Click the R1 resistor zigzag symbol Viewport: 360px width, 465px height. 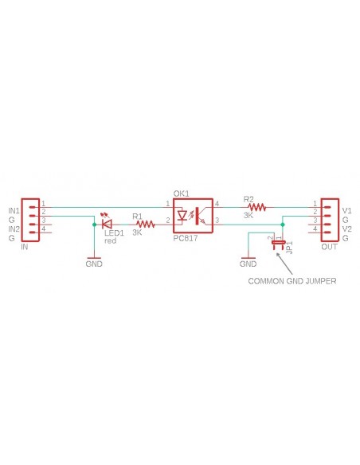(x=145, y=225)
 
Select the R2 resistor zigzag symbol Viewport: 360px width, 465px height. (x=256, y=207)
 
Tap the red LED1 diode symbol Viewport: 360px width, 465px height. (x=106, y=222)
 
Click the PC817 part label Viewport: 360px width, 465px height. (x=186, y=238)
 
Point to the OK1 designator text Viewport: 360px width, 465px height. (x=181, y=194)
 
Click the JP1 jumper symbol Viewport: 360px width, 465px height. (x=279, y=242)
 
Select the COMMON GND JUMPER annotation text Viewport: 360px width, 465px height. (x=292, y=281)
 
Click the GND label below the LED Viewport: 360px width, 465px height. (x=94, y=264)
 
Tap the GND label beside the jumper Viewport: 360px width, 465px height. (x=248, y=264)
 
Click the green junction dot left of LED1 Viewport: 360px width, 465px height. (x=94, y=225)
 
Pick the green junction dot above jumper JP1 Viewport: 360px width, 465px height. (x=282, y=225)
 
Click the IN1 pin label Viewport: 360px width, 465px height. (x=14, y=211)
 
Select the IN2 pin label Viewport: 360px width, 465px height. (x=14, y=229)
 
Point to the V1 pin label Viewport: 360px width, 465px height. (x=346, y=211)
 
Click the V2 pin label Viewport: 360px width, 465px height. (x=346, y=229)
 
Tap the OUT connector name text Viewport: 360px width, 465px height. (x=329, y=247)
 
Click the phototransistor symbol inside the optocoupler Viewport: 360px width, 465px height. (x=202, y=216)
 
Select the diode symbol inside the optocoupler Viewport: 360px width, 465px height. (x=182, y=215)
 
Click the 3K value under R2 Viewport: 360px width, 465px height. (x=248, y=215)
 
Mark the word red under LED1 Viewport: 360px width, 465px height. (x=111, y=240)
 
